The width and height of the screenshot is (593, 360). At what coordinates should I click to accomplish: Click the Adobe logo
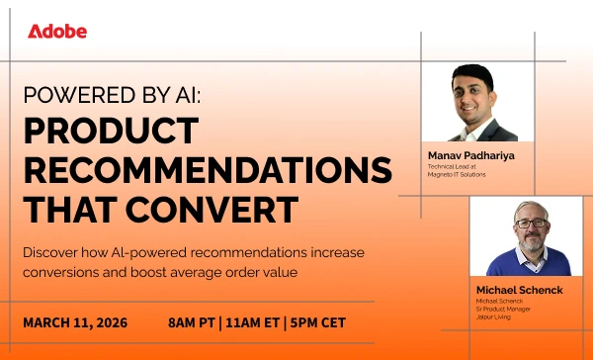click(x=57, y=31)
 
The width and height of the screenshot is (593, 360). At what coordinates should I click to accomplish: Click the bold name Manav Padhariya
click(x=472, y=155)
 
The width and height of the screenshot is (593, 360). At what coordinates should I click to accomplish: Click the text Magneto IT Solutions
click(x=457, y=175)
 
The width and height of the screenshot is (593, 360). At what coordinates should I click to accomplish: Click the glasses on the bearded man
click(x=530, y=224)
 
